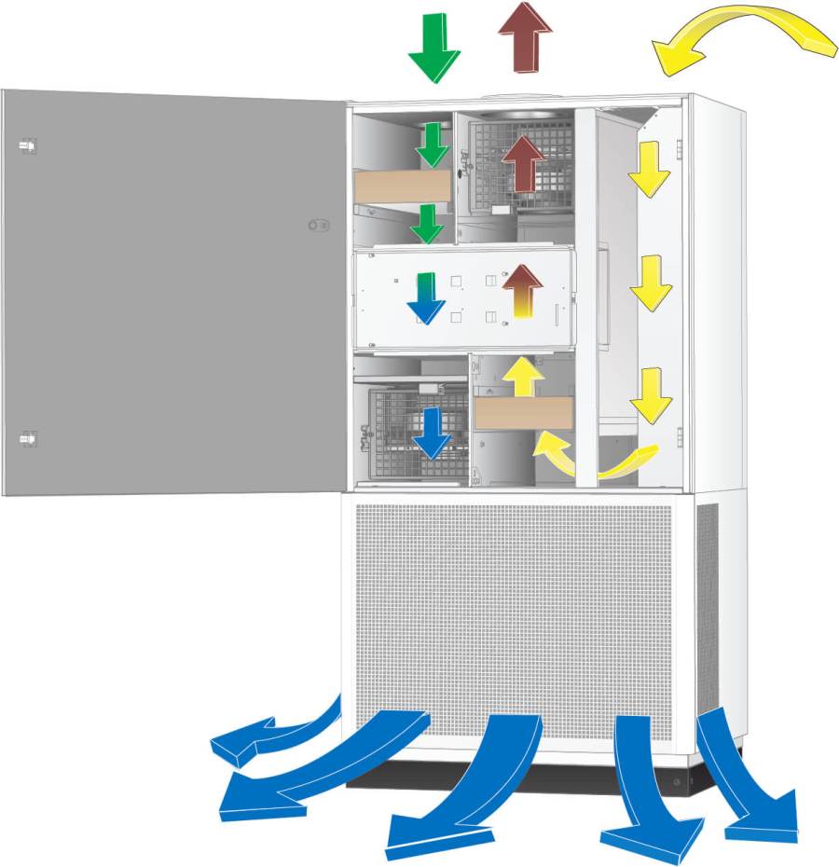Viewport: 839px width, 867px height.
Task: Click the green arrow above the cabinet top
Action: point(434,47)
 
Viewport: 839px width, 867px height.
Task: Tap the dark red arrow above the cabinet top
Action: point(526,37)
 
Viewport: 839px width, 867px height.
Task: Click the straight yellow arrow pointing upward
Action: point(523,377)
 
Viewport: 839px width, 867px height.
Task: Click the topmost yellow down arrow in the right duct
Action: point(650,168)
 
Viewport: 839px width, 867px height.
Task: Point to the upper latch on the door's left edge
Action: point(27,145)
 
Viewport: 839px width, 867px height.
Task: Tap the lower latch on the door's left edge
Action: point(27,436)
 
